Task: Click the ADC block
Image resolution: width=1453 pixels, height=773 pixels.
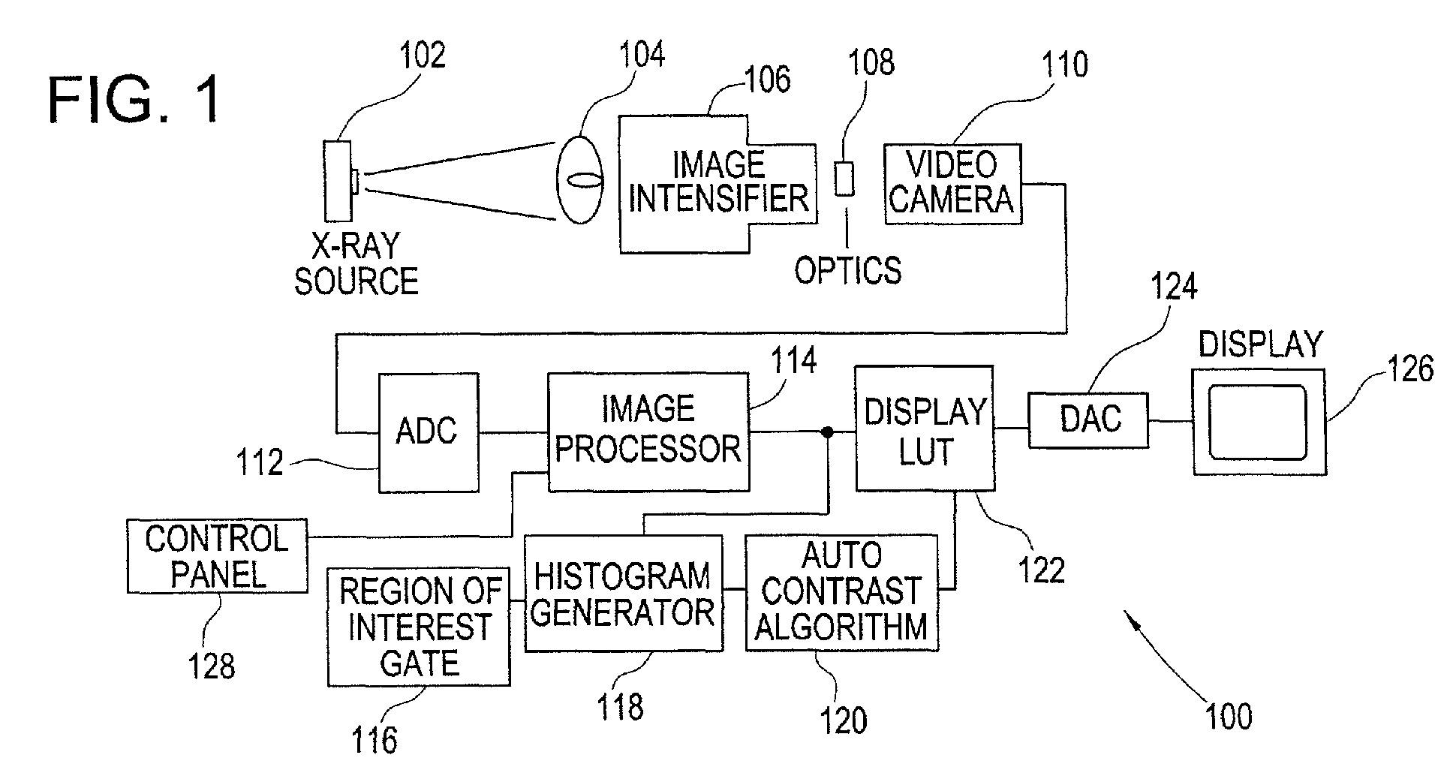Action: (x=429, y=432)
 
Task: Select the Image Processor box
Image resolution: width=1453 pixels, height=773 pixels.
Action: (x=648, y=432)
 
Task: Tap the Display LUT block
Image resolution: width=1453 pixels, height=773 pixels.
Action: (x=925, y=429)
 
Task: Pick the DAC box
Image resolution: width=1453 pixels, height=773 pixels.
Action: (x=1088, y=420)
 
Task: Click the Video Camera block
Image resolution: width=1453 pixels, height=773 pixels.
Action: (x=952, y=184)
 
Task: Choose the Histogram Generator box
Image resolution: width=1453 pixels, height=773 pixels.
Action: (x=623, y=593)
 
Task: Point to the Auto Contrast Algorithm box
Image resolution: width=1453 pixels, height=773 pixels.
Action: (x=841, y=592)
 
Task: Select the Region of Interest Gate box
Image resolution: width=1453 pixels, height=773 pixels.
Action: (x=419, y=627)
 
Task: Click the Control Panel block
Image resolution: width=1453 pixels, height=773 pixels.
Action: (x=217, y=556)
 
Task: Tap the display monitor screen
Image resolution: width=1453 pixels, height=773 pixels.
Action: (x=1257, y=422)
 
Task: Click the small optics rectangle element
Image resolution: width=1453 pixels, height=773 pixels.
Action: (x=845, y=179)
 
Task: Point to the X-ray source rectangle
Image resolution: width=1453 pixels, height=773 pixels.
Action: (x=337, y=182)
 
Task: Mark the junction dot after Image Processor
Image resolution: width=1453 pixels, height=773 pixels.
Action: (x=827, y=432)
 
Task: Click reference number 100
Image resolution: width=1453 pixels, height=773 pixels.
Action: (x=1229, y=716)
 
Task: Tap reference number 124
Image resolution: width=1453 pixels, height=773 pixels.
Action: (x=1175, y=287)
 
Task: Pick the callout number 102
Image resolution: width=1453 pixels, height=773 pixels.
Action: (x=423, y=55)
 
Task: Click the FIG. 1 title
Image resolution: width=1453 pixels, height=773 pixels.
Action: (x=135, y=100)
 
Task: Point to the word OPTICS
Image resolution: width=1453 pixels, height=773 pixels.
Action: (x=848, y=270)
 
